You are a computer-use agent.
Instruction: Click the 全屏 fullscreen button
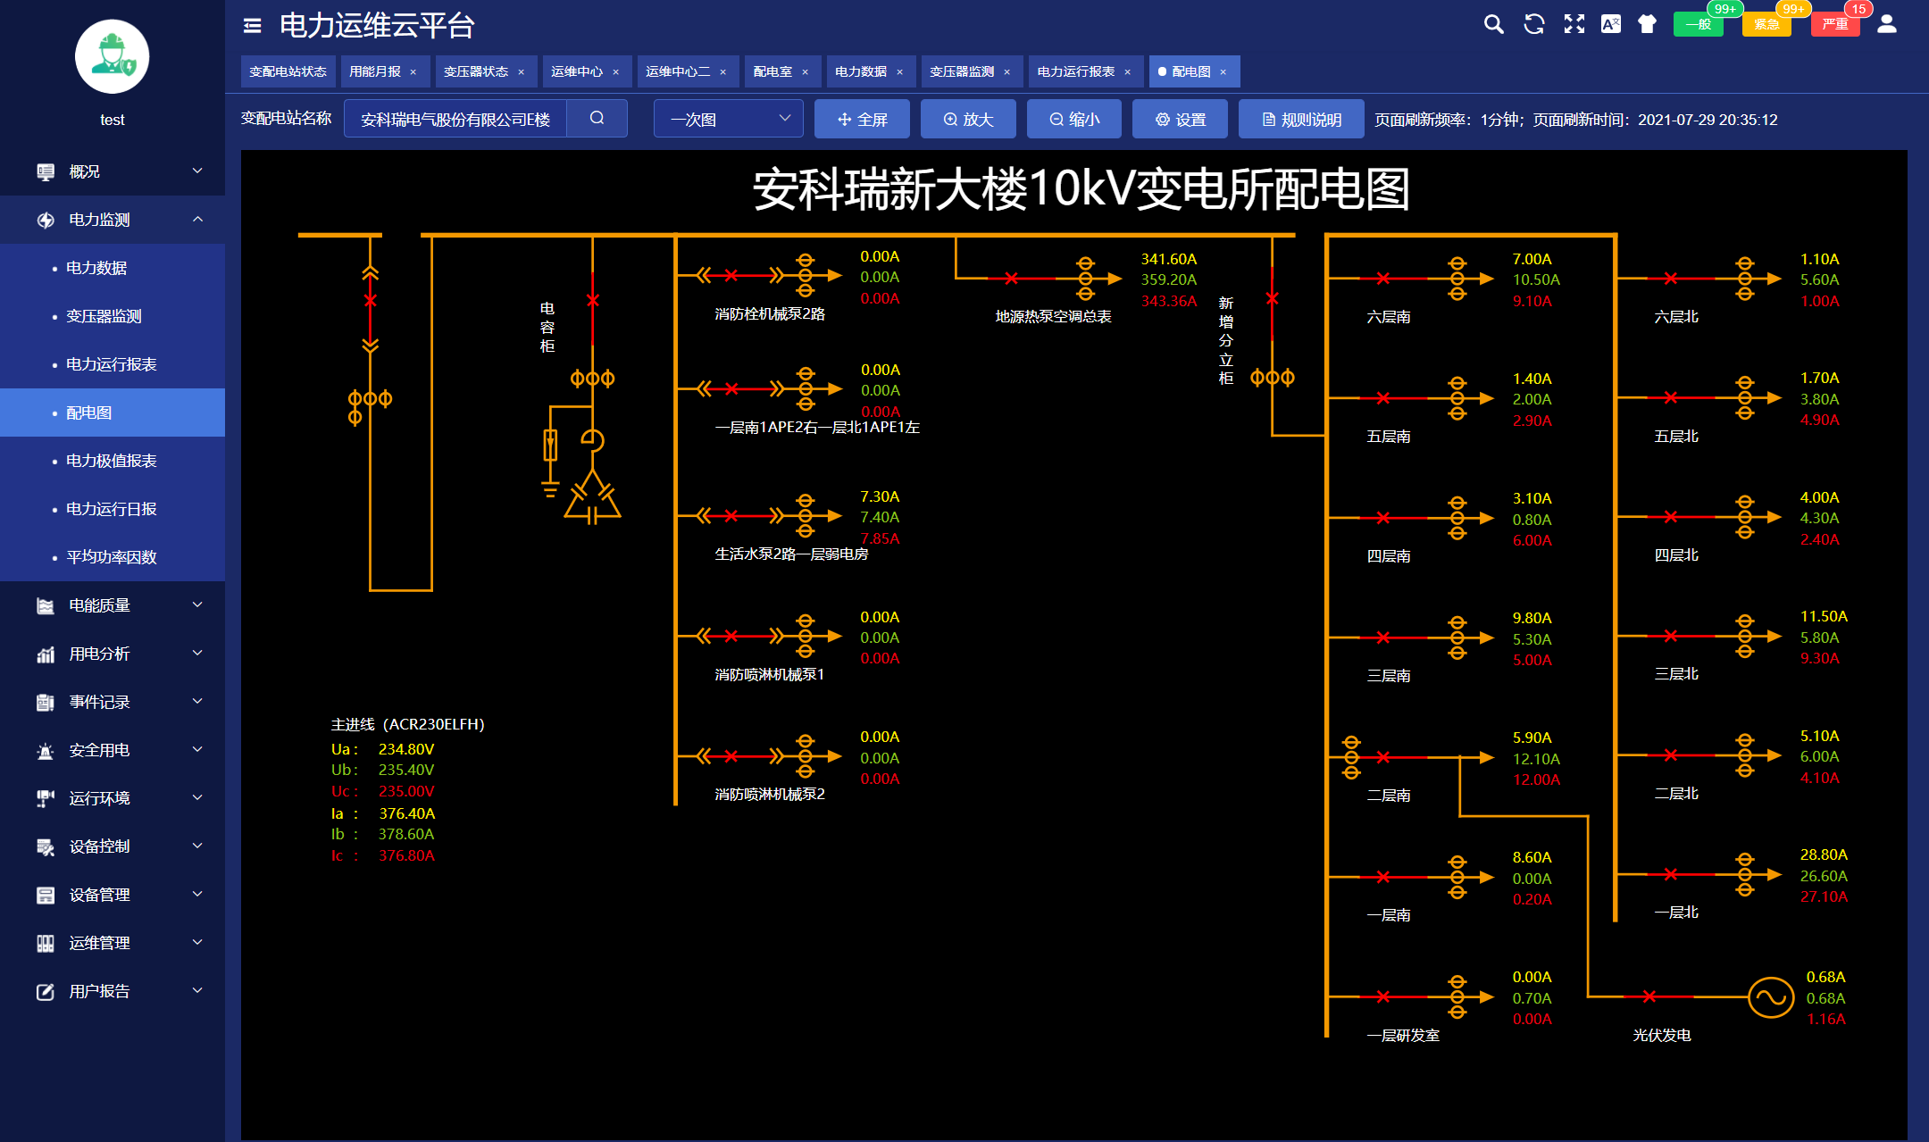[x=862, y=120]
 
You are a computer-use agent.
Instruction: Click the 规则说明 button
[x=1301, y=120]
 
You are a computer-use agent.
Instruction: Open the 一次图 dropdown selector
[x=728, y=119]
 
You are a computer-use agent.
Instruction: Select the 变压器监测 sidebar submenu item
[x=104, y=316]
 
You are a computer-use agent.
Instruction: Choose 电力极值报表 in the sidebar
[x=111, y=461]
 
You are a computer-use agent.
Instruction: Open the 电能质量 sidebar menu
[x=99, y=605]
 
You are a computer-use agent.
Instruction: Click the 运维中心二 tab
[x=678, y=71]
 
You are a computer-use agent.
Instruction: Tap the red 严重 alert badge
[x=1835, y=24]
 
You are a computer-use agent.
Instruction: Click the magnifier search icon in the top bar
[x=1493, y=24]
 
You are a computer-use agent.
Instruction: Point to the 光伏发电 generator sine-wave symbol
[x=1770, y=997]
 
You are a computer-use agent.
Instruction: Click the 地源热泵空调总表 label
[x=1053, y=317]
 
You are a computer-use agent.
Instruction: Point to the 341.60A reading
[x=1168, y=259]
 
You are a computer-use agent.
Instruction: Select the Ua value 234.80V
[x=405, y=749]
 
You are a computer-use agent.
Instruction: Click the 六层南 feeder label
[x=1389, y=317]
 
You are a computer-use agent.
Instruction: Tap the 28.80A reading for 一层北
[x=1824, y=854]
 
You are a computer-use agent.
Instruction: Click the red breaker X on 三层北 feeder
[x=1670, y=636]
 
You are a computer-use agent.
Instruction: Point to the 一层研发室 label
[x=1402, y=1036]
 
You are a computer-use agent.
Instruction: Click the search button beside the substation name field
[x=597, y=119]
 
